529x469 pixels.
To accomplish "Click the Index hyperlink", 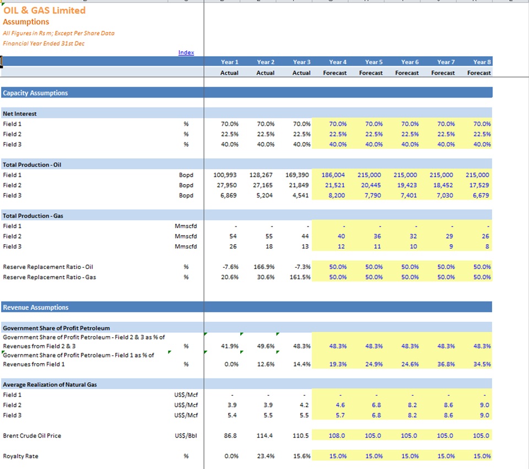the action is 186,52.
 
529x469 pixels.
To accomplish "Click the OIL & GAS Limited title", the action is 44,10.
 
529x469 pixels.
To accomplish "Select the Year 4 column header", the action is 338,62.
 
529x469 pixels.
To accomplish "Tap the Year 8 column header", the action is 482,62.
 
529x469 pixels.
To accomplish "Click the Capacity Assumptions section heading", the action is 35,93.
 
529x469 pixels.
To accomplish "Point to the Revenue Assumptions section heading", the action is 36,308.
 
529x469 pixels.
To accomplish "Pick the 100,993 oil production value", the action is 225,175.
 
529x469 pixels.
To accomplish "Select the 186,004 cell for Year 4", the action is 333,175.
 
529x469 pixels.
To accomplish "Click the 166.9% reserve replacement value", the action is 264,267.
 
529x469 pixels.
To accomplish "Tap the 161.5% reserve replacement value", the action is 300,277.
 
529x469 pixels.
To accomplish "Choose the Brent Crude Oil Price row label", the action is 32,435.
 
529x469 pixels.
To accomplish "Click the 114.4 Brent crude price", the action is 264,435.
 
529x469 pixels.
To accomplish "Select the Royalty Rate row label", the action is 20,456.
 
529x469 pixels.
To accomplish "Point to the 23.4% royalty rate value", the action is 266,456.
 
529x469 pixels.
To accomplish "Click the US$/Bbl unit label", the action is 186,435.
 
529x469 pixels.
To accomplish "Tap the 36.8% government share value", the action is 446,364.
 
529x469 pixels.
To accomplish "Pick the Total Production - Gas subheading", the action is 33,216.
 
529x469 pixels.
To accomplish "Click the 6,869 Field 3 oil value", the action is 228,195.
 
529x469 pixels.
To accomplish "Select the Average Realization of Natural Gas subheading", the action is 50,385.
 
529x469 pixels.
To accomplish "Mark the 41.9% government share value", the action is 230,346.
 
